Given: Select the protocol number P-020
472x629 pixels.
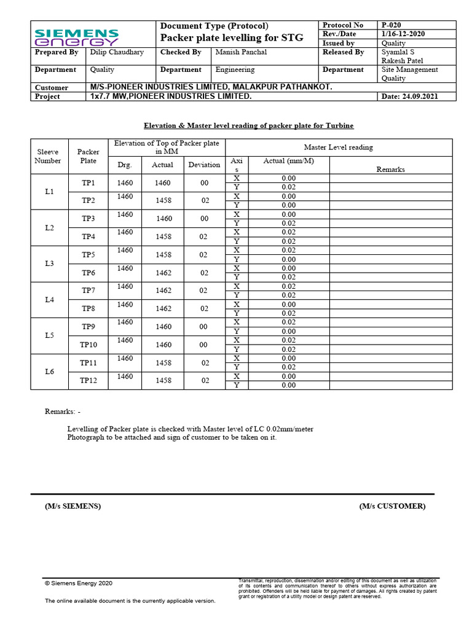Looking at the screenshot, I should (391, 25).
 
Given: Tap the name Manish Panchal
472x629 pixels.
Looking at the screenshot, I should (241, 52).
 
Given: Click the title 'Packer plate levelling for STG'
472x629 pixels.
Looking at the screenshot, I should (232, 38).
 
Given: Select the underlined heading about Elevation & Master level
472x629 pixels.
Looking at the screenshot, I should (248, 125).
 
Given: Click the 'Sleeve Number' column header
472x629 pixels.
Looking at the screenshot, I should (49, 156).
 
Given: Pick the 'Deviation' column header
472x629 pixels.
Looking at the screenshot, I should (204, 165).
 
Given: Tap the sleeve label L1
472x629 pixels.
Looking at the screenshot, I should (49, 192).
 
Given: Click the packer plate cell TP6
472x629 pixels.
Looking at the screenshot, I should (88, 273).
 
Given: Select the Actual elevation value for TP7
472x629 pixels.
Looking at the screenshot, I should (163, 291).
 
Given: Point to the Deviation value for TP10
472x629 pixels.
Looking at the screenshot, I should (204, 345).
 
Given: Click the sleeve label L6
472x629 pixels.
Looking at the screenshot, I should (49, 372).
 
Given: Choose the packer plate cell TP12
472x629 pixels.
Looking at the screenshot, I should (88, 381).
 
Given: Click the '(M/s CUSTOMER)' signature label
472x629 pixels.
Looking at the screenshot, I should (392, 506).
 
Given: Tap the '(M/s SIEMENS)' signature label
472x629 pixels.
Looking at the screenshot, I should (73, 506).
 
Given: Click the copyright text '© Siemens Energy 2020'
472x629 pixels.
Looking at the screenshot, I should (79, 583).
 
